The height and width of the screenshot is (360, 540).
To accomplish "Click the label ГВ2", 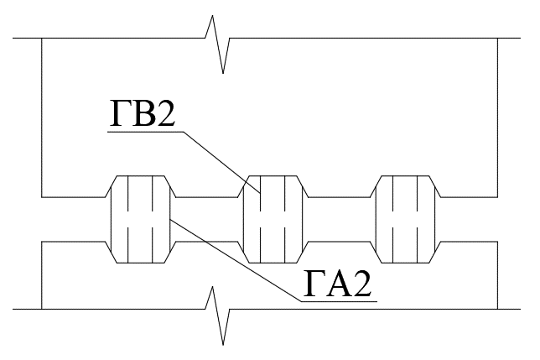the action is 143,113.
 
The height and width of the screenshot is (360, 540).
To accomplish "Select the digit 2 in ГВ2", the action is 164,113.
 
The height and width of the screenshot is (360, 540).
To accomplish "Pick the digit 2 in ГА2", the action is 361,283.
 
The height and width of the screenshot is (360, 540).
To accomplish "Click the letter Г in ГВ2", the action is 119,113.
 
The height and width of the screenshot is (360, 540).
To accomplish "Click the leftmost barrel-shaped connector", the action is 140,220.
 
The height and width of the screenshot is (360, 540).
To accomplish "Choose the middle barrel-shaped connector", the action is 273,220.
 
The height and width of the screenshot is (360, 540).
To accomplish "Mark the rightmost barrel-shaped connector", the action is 405,220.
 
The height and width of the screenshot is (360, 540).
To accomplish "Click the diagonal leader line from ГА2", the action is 236,260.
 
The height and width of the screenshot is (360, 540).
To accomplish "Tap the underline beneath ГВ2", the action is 146,132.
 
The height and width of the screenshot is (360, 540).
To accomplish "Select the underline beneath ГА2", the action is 340,301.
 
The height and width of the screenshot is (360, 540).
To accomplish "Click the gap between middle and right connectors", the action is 339,220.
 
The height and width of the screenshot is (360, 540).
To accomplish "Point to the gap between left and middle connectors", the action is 206,220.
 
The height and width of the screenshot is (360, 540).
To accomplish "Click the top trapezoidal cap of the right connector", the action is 405,186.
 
